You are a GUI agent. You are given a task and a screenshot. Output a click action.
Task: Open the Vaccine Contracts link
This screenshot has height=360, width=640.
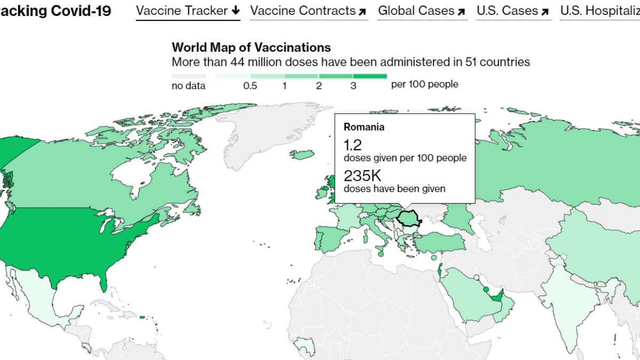point(308,11)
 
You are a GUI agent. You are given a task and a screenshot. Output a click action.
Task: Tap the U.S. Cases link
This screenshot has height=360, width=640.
point(513,11)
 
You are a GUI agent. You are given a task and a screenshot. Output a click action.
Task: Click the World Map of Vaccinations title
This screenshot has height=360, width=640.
point(251,48)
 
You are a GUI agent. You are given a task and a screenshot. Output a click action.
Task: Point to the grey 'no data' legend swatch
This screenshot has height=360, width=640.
point(188,76)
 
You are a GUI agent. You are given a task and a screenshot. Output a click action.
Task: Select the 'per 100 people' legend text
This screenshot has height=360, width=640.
point(425,84)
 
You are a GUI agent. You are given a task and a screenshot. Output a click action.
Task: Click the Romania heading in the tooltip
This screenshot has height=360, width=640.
point(364,127)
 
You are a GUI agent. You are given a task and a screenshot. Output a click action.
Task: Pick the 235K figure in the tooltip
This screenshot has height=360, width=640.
point(362,176)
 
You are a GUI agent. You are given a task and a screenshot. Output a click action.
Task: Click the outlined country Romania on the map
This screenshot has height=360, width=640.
point(407,218)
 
